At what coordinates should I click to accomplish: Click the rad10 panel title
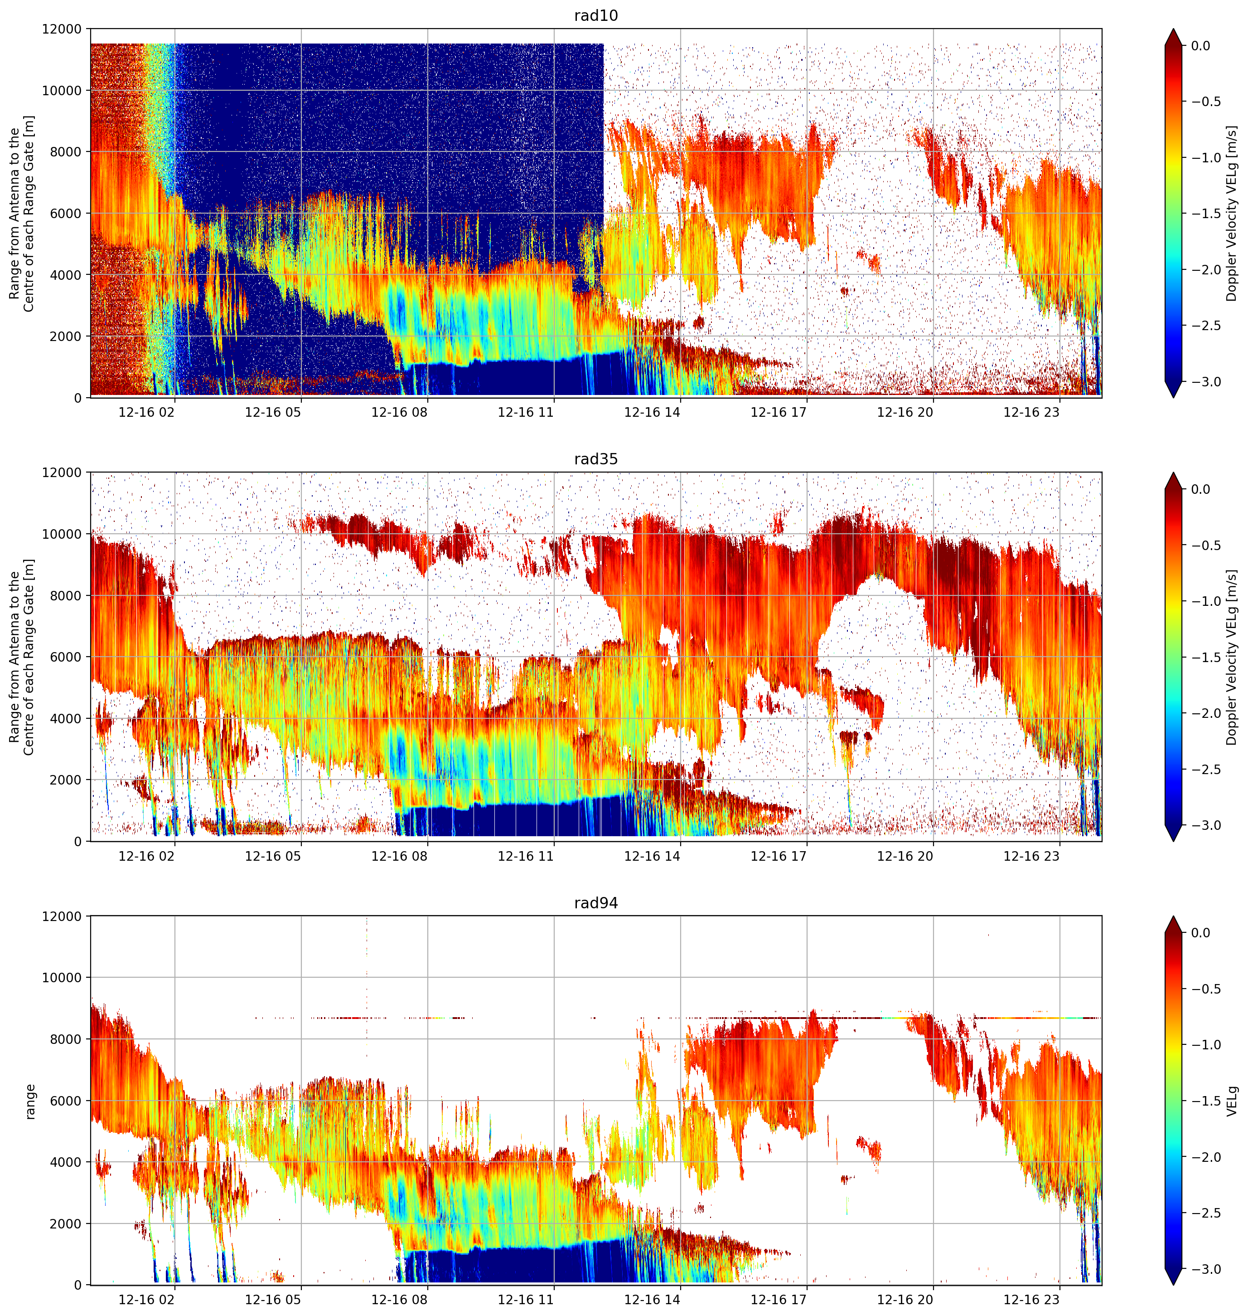point(596,15)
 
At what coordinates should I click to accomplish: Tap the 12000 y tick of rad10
point(62,29)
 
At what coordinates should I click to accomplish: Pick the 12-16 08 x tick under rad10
point(399,412)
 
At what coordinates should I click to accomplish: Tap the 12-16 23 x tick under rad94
point(1031,1299)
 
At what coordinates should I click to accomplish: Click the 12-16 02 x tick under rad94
point(146,1299)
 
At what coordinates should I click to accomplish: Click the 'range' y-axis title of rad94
point(29,1102)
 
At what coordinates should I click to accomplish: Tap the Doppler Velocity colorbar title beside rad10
point(1233,214)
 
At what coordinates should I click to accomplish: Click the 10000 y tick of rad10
point(62,91)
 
